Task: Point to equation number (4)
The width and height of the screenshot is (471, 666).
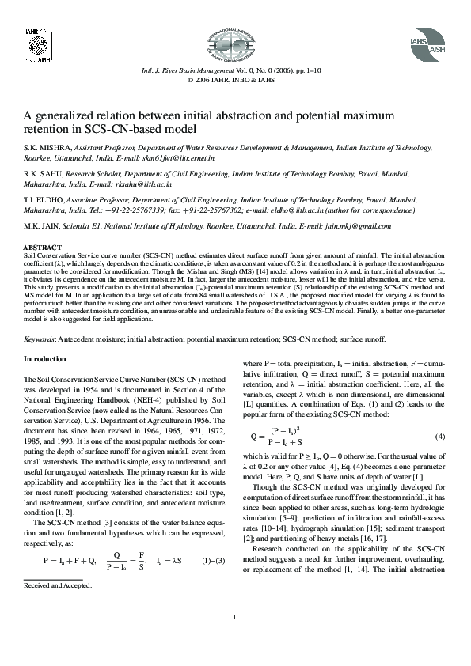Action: point(440,437)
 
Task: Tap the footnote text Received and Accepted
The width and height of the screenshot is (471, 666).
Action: point(57,585)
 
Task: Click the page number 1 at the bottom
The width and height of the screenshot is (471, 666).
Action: point(235,639)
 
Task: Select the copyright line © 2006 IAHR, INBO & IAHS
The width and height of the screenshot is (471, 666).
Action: point(235,80)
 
